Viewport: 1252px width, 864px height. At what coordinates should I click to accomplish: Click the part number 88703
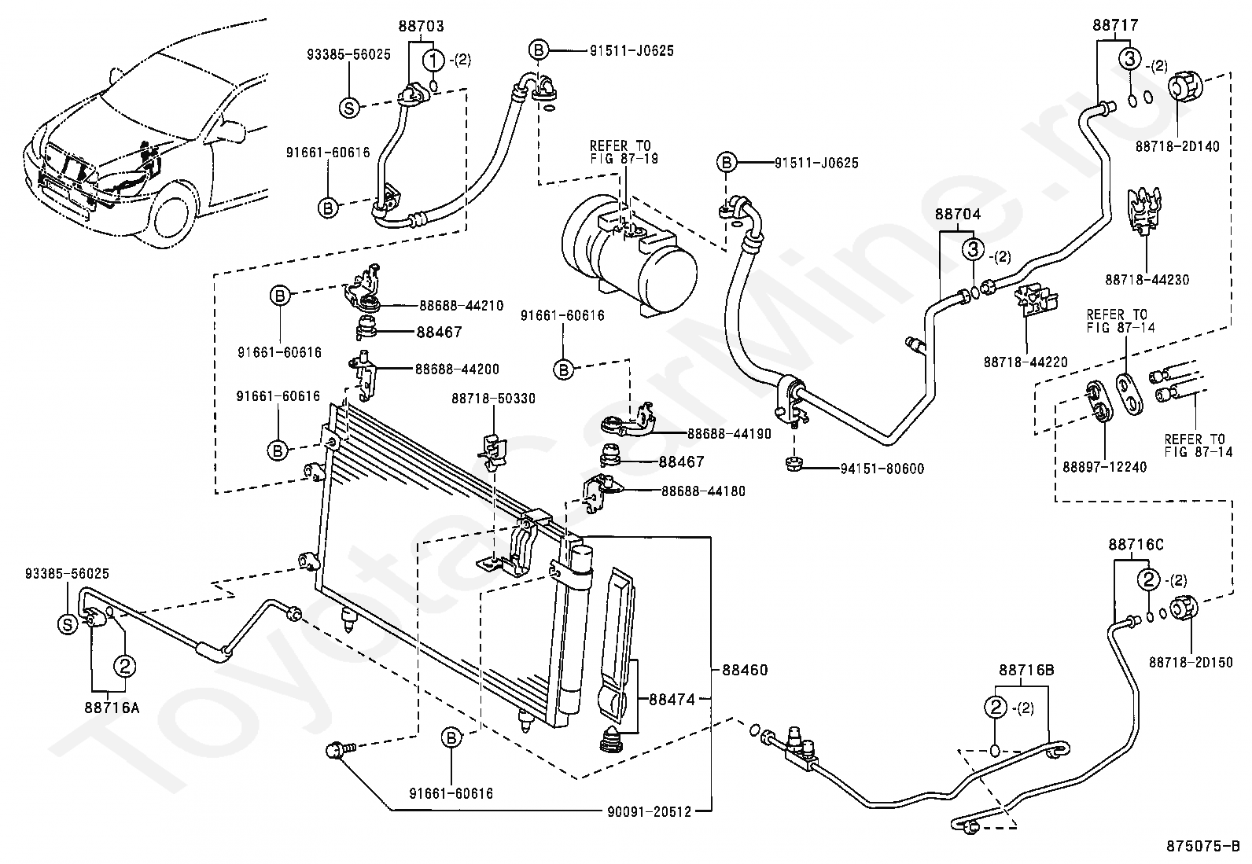click(421, 26)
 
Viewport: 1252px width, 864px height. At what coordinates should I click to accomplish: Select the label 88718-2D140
click(1177, 146)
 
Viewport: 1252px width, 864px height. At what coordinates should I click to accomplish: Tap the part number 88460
click(745, 670)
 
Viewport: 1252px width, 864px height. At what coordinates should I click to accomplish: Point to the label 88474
click(672, 699)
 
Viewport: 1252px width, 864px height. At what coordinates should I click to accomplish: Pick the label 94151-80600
click(882, 469)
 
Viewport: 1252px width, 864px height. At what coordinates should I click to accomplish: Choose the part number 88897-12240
click(1104, 467)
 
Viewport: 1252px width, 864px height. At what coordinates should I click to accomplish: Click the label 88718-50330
click(494, 399)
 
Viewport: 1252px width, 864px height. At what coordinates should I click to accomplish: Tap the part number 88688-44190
click(729, 434)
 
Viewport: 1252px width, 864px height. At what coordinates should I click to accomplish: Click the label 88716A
click(112, 708)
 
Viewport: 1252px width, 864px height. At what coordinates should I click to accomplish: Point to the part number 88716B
click(1027, 670)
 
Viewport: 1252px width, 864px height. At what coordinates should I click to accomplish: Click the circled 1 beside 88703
click(434, 60)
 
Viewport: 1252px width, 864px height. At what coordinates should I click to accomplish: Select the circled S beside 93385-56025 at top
click(350, 107)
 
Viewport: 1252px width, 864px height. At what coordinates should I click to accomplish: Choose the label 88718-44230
click(1147, 279)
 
